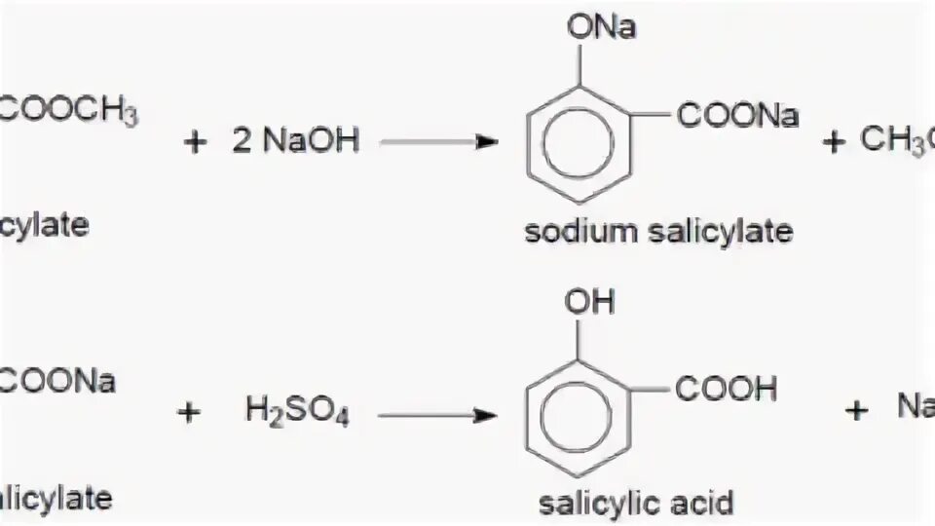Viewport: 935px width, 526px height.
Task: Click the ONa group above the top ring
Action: point(601,26)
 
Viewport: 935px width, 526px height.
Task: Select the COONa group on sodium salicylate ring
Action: point(738,117)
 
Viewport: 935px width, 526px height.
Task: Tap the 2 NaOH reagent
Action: point(296,141)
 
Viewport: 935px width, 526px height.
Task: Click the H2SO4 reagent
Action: point(297,414)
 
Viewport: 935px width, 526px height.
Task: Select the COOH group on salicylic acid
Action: point(727,391)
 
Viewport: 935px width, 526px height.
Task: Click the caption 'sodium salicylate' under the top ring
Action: point(658,233)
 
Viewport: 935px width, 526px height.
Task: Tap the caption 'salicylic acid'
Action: point(636,503)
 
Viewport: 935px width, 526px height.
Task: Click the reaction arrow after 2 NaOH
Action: point(437,142)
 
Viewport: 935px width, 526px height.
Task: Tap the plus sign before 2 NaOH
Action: point(196,142)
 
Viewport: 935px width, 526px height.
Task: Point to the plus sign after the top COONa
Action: point(832,142)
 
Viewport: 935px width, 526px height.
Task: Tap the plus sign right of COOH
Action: point(856,411)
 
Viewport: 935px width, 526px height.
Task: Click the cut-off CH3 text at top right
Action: point(896,141)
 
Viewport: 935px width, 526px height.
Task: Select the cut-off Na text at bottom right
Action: point(916,406)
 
